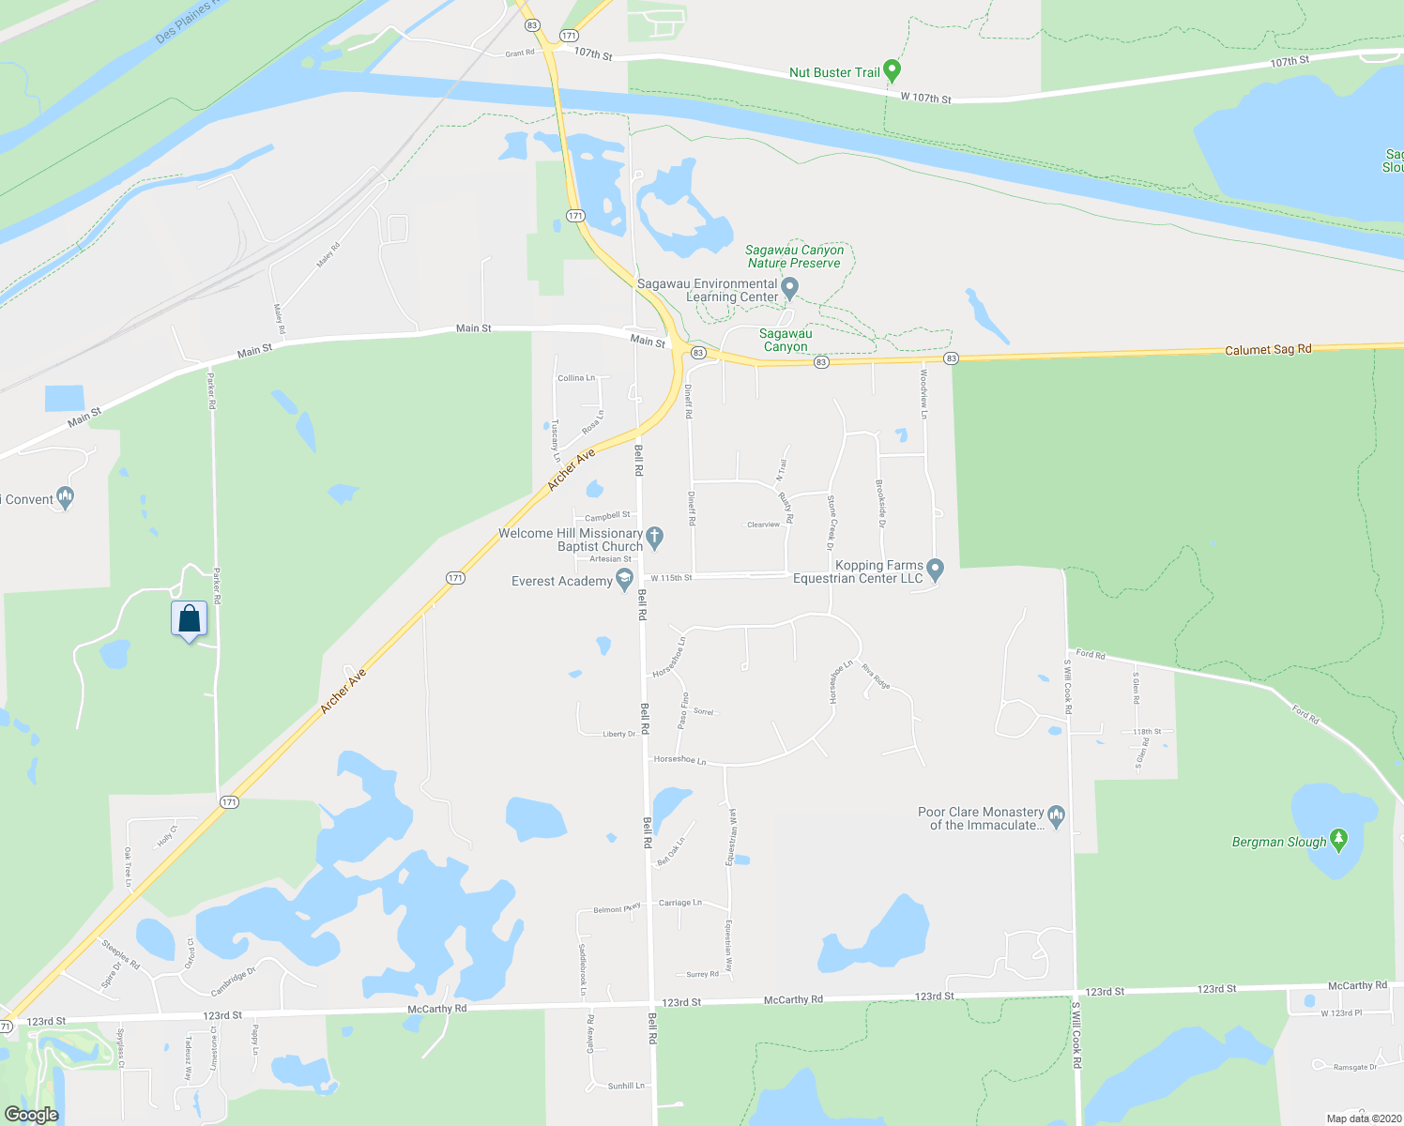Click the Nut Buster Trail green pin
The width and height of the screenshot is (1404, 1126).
(893, 70)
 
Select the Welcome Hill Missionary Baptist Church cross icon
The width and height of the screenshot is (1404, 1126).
(655, 538)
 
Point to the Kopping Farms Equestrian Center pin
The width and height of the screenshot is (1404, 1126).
(935, 570)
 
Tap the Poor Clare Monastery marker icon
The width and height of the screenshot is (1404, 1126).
(1057, 816)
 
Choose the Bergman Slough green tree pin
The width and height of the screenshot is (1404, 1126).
(1338, 840)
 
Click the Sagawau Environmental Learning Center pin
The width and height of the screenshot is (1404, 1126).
(790, 288)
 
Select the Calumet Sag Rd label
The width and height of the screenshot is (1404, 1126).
(1268, 350)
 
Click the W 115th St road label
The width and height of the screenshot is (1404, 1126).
(671, 578)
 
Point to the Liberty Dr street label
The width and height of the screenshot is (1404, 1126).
(619, 734)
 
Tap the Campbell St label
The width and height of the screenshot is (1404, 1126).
(607, 516)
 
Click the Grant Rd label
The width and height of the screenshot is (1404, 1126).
(519, 53)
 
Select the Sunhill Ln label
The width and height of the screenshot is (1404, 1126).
(626, 1086)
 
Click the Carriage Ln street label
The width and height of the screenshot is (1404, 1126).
(679, 903)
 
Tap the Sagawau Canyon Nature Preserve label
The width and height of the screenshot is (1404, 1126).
(794, 256)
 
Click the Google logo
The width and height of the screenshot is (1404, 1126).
(31, 1115)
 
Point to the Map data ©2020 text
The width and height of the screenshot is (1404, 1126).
(1364, 1118)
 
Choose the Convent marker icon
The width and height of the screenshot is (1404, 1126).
(65, 497)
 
